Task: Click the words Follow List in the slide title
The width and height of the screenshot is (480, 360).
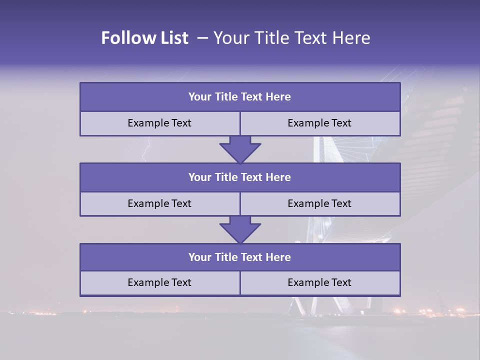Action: (x=144, y=38)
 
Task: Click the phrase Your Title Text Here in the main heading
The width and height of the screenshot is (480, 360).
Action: (x=292, y=38)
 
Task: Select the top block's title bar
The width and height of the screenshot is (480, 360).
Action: (x=240, y=97)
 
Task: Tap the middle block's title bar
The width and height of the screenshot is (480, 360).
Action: (x=240, y=177)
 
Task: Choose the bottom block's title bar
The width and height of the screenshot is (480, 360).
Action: (x=240, y=257)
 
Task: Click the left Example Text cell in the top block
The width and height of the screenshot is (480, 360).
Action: (x=159, y=123)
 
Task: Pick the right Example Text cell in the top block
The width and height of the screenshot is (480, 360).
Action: (x=320, y=123)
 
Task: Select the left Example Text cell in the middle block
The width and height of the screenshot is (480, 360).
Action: (x=159, y=204)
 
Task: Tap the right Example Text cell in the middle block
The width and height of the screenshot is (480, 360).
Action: (x=320, y=204)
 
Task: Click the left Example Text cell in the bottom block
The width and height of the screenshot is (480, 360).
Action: (x=159, y=283)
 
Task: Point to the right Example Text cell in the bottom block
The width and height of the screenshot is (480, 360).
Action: (x=320, y=283)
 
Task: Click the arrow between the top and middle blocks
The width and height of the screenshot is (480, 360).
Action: (x=240, y=149)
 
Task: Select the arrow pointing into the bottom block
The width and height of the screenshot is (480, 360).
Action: (x=240, y=229)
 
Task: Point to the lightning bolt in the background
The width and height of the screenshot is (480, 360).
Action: (x=146, y=150)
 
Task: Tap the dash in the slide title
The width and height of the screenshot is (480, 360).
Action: (x=202, y=38)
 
